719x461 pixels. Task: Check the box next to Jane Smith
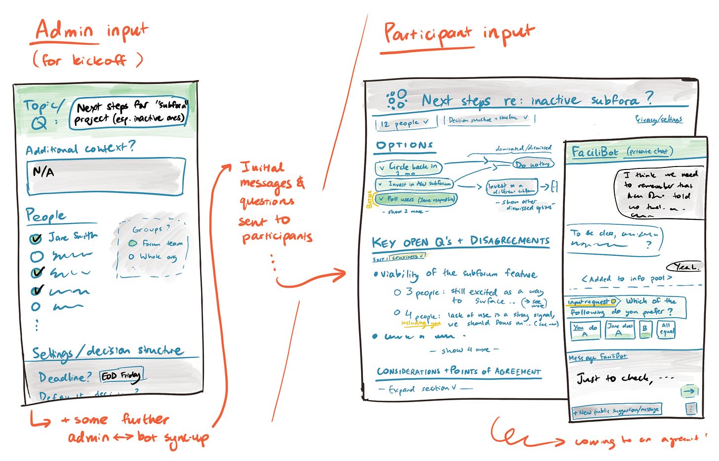click(36, 239)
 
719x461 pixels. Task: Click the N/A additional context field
click(106, 176)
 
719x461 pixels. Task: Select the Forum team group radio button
click(132, 243)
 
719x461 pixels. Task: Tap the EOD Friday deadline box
click(121, 376)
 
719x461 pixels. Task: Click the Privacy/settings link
click(659, 119)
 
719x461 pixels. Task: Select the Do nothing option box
click(533, 164)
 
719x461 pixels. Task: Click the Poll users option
click(415, 199)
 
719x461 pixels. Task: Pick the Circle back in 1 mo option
click(408, 168)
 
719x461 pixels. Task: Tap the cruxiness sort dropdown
click(407, 257)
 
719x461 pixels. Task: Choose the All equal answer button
click(666, 329)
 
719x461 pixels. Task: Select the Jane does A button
click(619, 330)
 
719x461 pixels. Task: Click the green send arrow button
click(689, 391)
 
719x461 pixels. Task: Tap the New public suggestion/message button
click(616, 411)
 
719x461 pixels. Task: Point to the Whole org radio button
click(131, 256)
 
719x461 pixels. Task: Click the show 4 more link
click(465, 350)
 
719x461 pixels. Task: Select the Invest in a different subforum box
click(511, 187)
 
